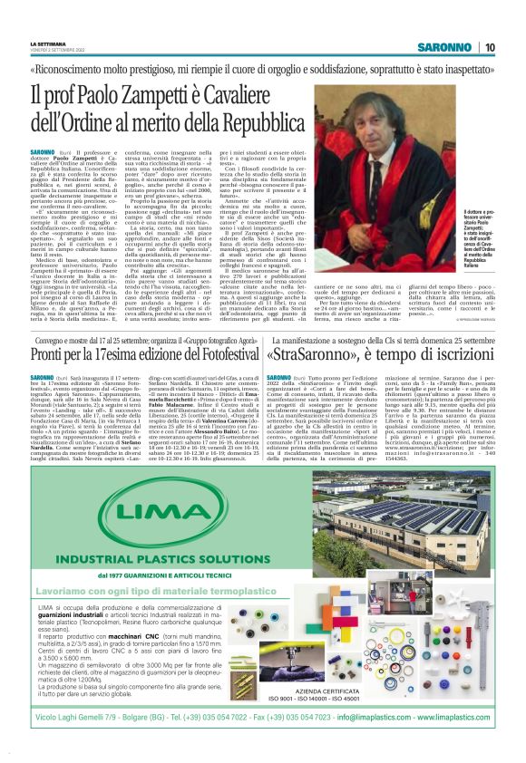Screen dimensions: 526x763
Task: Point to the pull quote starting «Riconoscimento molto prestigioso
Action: tap(262, 69)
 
